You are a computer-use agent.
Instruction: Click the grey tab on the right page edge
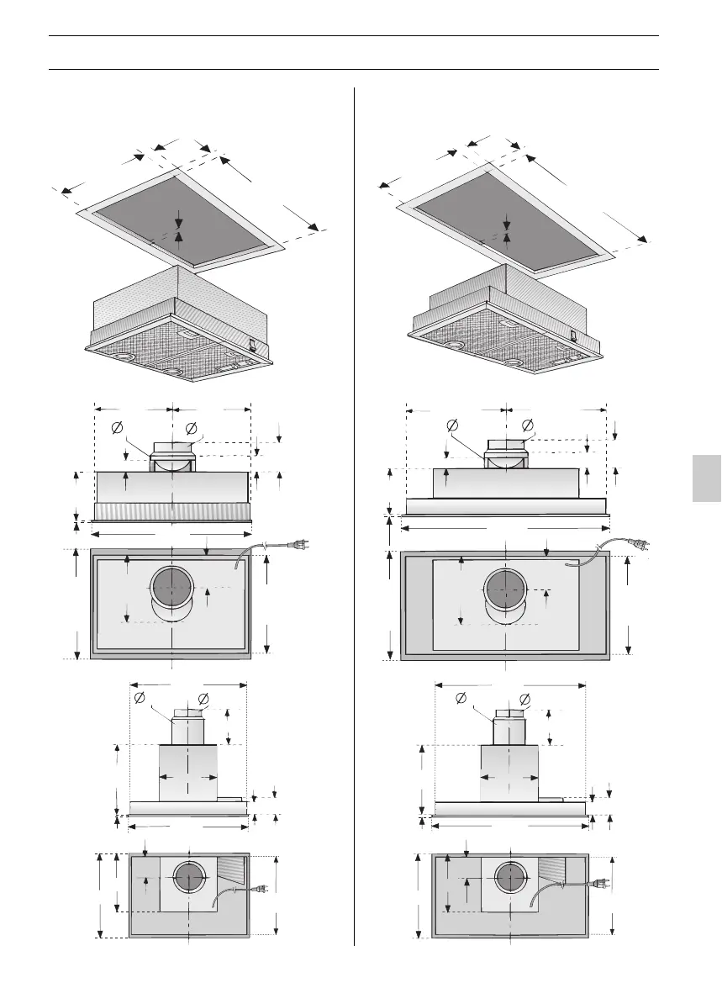tap(707, 478)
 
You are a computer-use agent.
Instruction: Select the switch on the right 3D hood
tap(574, 334)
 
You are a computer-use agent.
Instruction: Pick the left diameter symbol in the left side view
tap(140, 698)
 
